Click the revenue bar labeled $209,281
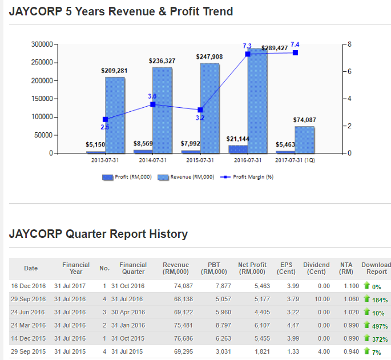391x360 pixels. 115,115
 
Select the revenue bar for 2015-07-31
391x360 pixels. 209,108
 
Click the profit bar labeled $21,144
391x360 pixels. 238,149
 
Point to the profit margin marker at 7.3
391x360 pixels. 248,54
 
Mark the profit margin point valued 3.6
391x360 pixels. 152,104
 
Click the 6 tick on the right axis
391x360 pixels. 349,71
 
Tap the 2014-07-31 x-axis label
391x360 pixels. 152,160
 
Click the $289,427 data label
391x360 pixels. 275,48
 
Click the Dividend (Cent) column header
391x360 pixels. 316,268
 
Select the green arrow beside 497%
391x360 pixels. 366,325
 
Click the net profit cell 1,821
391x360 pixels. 261,351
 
